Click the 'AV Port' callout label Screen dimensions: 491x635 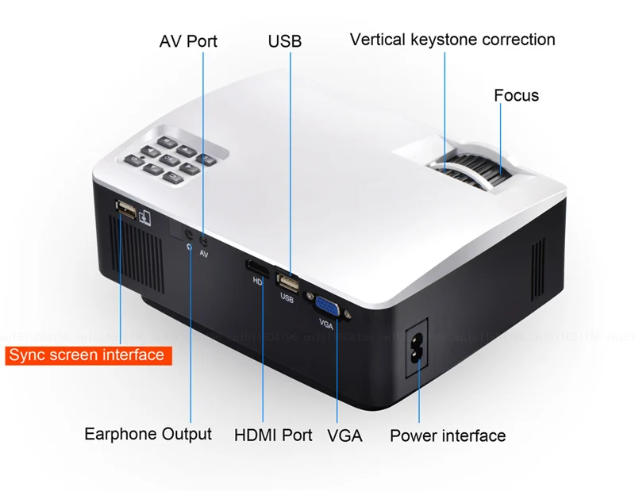point(188,40)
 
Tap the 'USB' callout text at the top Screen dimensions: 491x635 point(285,40)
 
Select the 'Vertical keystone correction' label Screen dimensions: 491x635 point(452,39)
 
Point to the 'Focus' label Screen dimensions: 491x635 point(516,95)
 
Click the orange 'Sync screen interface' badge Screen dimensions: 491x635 point(87,355)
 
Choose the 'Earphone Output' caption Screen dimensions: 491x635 point(148,434)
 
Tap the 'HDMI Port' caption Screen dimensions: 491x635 point(273,435)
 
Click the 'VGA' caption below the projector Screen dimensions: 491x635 point(344,435)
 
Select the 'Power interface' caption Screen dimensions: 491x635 point(448,435)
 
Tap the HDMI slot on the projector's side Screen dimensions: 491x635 point(256,267)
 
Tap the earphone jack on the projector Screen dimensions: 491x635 point(188,234)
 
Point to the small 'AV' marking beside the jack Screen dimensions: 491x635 point(204,254)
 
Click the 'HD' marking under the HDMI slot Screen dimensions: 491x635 point(257,281)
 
